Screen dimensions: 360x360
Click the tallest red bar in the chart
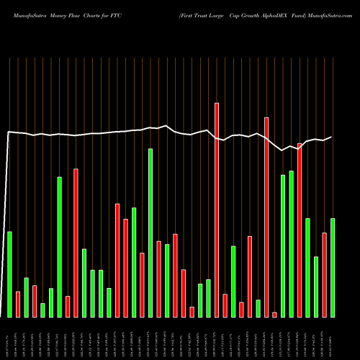pos(217,210)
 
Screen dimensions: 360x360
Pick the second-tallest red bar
pos(266,217)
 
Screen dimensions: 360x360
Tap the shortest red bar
pos(274,314)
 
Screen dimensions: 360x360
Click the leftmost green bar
pos(9,274)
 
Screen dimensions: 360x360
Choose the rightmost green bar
pos(333,267)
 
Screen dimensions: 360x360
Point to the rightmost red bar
pos(324,274)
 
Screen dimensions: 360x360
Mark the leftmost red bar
pos(18,304)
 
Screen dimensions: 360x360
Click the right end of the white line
pos(332,137)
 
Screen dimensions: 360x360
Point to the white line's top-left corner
pos(9,132)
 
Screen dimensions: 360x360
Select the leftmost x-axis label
pos(9,338)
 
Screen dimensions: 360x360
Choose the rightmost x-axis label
pos(333,338)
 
